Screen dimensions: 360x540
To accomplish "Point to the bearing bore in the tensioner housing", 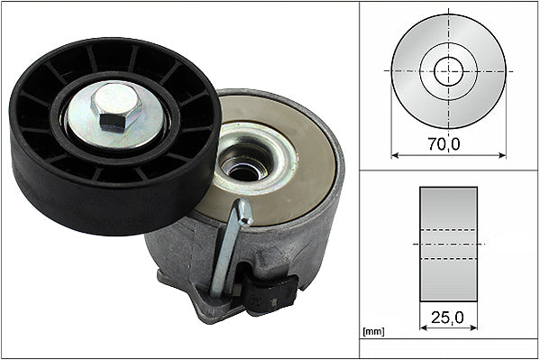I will pos(246,163).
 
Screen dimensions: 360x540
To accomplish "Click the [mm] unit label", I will pos(371,332).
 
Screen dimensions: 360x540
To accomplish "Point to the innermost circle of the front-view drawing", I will pos(449,70).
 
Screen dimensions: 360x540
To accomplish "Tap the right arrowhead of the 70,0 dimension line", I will pos(503,155).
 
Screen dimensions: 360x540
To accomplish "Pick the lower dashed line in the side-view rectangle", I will pos(449,259).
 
